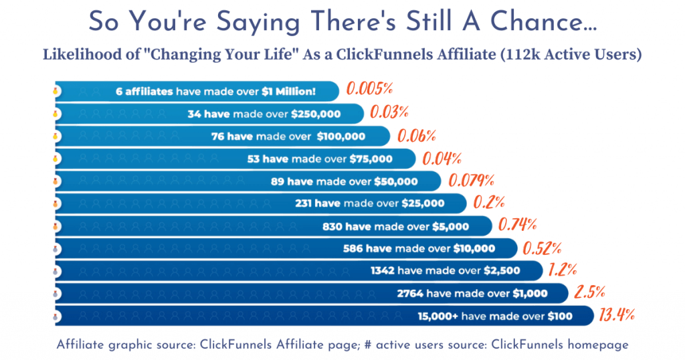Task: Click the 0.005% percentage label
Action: click(368, 89)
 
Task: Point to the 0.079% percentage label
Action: click(471, 180)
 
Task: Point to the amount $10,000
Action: click(474, 248)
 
